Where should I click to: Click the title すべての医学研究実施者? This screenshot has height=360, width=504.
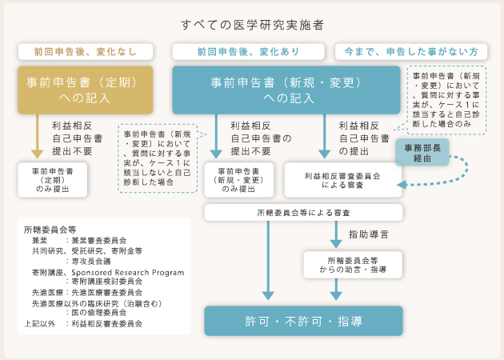[252, 25]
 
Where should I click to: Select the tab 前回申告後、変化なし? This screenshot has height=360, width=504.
[86, 52]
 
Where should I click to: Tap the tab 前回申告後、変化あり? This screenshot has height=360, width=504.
[249, 52]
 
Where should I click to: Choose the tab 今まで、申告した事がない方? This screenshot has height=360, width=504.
[411, 52]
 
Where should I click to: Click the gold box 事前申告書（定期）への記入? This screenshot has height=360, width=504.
[85, 90]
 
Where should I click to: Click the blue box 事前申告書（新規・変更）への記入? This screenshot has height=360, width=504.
[286, 90]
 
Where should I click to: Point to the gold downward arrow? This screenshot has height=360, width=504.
[38, 136]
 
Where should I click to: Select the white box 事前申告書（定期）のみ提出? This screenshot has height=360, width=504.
[52, 180]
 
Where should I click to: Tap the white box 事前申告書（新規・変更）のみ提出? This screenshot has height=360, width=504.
[239, 180]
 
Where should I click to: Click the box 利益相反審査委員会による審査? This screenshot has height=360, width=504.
[342, 180]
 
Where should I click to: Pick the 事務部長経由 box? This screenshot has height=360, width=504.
[422, 153]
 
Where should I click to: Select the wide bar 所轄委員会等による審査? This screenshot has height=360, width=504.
[303, 213]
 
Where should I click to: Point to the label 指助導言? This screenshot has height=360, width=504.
[369, 234]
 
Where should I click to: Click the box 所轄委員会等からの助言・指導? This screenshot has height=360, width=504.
[353, 265]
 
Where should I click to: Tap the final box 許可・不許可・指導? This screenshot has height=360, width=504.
[303, 321]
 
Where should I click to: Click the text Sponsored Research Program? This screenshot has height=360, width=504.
[128, 273]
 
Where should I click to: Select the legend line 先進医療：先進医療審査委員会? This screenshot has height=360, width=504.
[87, 293]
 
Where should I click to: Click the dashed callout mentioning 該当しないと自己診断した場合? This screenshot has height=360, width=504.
[158, 158]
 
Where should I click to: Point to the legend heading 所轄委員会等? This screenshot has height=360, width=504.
[50, 230]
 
